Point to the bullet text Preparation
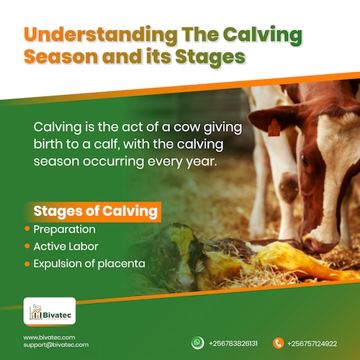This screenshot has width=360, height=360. pos(65,230)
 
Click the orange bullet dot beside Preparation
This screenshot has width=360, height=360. pos(27,230)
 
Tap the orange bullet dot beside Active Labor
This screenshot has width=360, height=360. pos(27,246)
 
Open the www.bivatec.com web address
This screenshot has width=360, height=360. pos(49,337)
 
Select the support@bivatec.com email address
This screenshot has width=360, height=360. pos(55,345)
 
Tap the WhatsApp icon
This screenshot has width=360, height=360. pos(197,343)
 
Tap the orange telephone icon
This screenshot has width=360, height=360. pos(279,343)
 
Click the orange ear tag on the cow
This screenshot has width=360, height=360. pos(273,127)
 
